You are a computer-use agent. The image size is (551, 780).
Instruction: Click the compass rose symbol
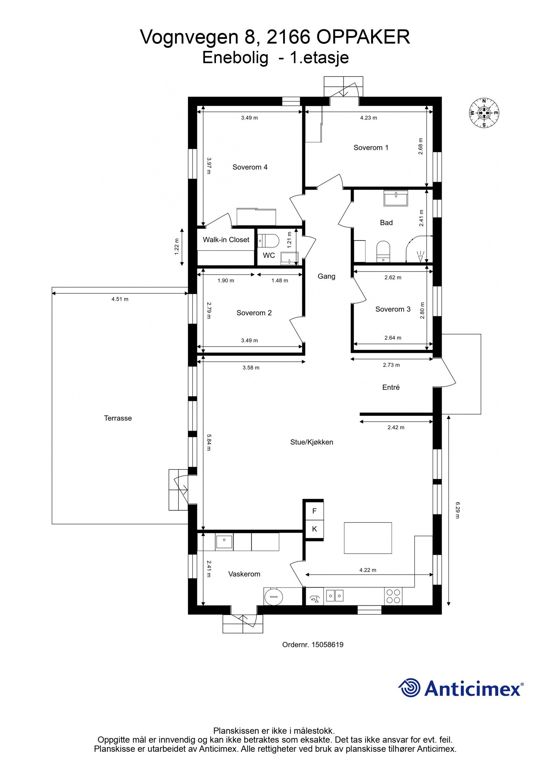(x=484, y=112)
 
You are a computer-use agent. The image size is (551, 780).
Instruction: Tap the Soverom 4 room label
(x=250, y=167)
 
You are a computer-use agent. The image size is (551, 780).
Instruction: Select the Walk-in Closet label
(x=226, y=240)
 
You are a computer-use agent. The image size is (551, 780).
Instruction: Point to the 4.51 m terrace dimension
(x=119, y=299)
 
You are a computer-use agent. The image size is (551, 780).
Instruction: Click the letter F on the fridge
(x=314, y=511)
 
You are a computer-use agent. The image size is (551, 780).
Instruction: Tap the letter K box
(x=314, y=529)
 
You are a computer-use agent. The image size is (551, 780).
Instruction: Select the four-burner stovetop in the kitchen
(x=393, y=596)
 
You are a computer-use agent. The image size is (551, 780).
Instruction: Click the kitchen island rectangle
(x=368, y=538)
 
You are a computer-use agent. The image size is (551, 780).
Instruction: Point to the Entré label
(x=391, y=387)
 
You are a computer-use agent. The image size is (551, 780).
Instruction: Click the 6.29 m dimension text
(x=457, y=510)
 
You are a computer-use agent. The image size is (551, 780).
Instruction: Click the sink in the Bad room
(x=396, y=198)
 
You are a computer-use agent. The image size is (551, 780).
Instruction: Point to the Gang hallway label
(x=326, y=276)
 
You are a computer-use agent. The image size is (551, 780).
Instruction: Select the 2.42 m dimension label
(x=396, y=427)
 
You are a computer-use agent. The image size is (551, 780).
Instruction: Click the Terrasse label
(x=118, y=418)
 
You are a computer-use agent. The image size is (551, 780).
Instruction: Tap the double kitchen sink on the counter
(x=334, y=595)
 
